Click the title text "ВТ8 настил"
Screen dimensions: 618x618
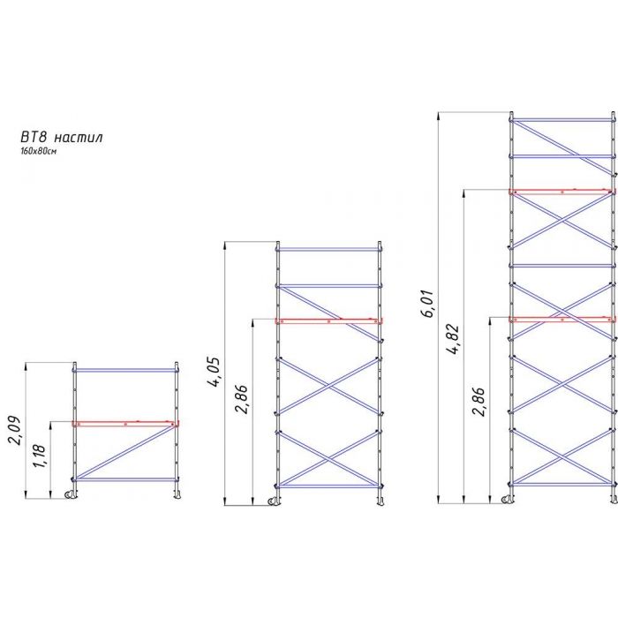click(62, 137)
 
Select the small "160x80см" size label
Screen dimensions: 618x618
click(38, 151)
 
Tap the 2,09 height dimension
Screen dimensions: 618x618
click(14, 431)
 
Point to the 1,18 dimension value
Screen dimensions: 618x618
click(40, 456)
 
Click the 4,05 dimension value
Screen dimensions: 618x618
click(214, 373)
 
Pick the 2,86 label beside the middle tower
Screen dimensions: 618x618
click(241, 399)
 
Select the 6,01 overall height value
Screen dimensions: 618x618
click(427, 304)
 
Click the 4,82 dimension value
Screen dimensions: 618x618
click(454, 339)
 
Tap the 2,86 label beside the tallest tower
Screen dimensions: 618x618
click(479, 402)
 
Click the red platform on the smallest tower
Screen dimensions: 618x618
click(125, 424)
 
